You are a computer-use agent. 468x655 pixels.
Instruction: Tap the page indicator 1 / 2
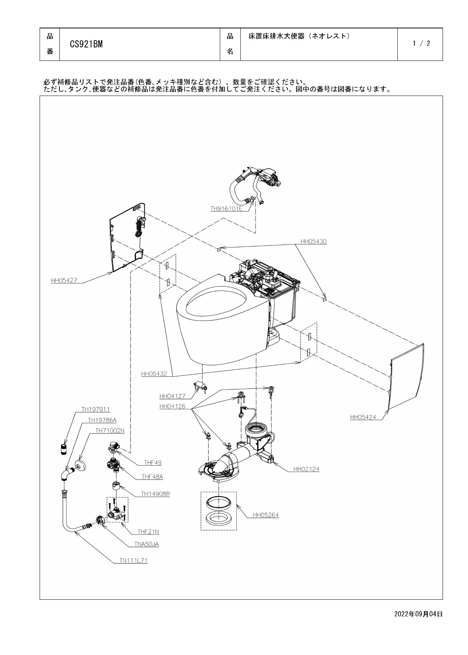click(421, 44)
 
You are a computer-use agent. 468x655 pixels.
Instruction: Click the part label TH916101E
click(226, 209)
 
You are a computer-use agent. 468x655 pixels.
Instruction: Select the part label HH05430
click(313, 242)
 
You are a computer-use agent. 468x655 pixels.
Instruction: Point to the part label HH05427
click(64, 280)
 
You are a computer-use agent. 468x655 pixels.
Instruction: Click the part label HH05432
click(154, 373)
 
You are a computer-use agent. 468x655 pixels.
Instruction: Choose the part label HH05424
click(363, 417)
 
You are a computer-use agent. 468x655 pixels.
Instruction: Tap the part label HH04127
click(172, 396)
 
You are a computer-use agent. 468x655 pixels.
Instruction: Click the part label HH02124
click(306, 469)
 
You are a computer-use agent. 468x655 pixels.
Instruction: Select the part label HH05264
click(265, 515)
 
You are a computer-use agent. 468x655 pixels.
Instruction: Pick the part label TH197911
click(96, 409)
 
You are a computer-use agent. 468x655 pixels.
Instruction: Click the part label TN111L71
click(133, 561)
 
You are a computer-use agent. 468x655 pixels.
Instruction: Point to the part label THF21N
click(148, 532)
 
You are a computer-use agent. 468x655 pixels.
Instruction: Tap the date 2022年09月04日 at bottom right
click(418, 614)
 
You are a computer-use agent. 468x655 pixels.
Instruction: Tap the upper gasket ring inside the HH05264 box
click(219, 502)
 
